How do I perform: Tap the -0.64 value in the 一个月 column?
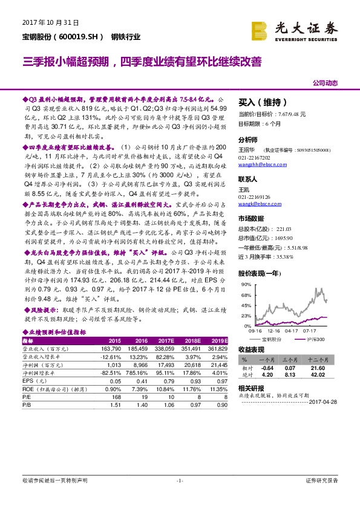pyautogui.click(x=267, y=367)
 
